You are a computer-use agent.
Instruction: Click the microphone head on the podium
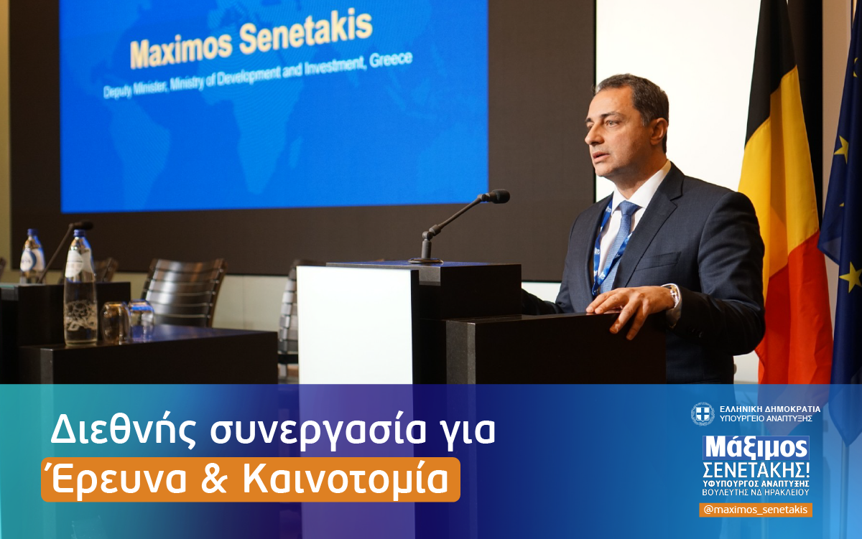coord(496,196)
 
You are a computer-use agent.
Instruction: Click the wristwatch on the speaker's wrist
coord(673,294)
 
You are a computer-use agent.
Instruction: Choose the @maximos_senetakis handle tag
coord(756,510)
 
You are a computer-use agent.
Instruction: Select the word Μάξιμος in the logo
coord(756,448)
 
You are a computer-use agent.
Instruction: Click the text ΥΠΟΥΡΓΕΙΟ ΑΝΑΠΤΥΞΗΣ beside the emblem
coord(765,418)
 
